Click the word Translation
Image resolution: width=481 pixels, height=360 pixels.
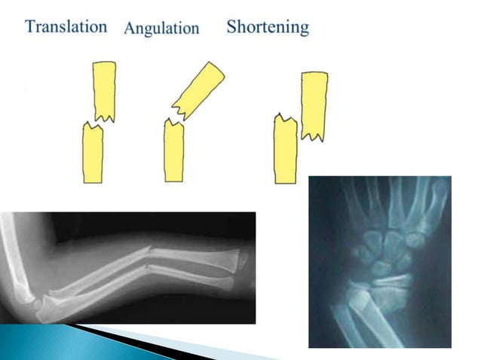click(x=66, y=27)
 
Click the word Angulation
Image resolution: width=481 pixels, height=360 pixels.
click(x=161, y=29)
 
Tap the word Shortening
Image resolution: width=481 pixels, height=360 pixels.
click(x=268, y=27)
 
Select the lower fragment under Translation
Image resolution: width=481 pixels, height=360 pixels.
click(x=92, y=154)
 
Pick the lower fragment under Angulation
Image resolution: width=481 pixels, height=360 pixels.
click(x=174, y=151)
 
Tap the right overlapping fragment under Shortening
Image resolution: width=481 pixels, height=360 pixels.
click(x=314, y=104)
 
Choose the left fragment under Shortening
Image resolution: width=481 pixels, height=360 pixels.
click(x=286, y=151)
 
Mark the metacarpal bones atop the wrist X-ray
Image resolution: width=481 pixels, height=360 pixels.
click(x=392, y=200)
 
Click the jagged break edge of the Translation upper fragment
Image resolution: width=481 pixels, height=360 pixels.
click(x=104, y=117)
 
